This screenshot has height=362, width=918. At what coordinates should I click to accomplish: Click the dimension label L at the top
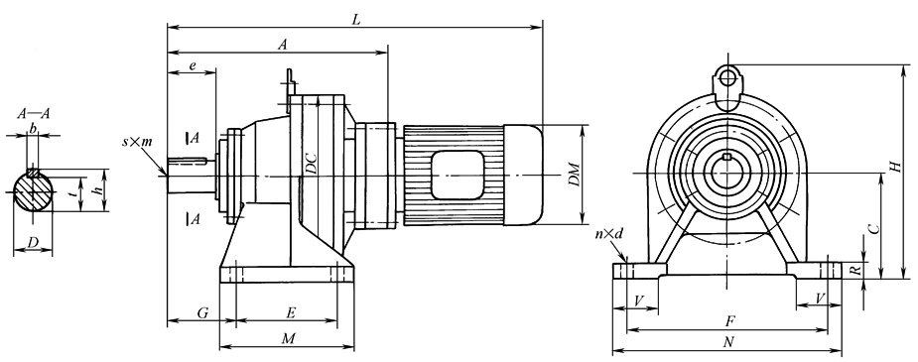coord(356,19)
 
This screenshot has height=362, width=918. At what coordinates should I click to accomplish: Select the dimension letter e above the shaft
coord(192,66)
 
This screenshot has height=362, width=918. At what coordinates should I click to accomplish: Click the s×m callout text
coord(137,143)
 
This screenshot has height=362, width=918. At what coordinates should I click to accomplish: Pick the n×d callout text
coord(609,234)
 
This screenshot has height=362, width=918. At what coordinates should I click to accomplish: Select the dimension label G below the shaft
coord(202,313)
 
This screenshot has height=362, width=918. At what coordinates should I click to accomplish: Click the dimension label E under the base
coord(291,313)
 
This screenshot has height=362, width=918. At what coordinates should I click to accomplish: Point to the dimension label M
coord(287,339)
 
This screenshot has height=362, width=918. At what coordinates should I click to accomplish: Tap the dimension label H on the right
coord(894,167)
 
